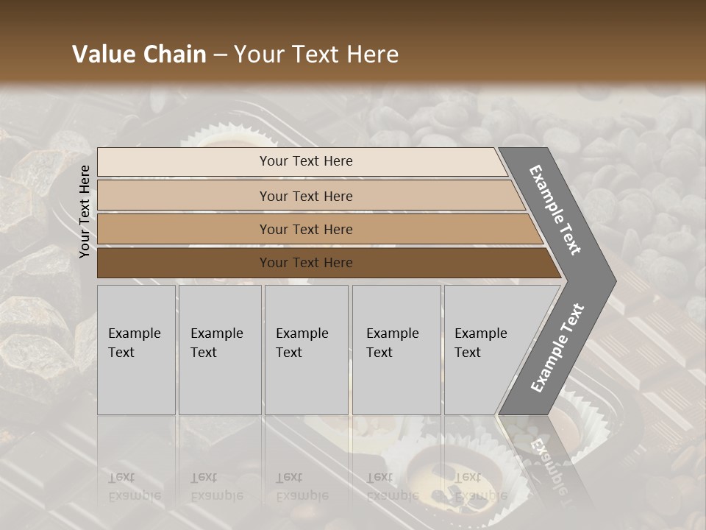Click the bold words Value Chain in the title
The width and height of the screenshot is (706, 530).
(x=139, y=54)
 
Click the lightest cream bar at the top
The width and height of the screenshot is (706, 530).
(x=184, y=162)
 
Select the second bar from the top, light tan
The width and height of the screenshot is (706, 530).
(x=184, y=196)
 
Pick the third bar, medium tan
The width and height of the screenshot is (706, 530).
(x=184, y=230)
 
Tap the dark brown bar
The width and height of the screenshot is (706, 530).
(x=184, y=263)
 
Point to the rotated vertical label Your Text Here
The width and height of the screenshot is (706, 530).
(x=85, y=211)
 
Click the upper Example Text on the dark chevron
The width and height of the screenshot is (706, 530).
(x=555, y=211)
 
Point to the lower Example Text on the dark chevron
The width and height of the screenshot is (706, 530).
(x=557, y=347)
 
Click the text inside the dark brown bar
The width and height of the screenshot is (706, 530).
(x=306, y=263)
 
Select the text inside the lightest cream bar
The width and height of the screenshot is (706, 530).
(x=306, y=161)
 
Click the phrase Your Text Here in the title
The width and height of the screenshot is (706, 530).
(x=316, y=54)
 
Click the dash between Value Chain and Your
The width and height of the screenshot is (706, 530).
(x=220, y=55)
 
